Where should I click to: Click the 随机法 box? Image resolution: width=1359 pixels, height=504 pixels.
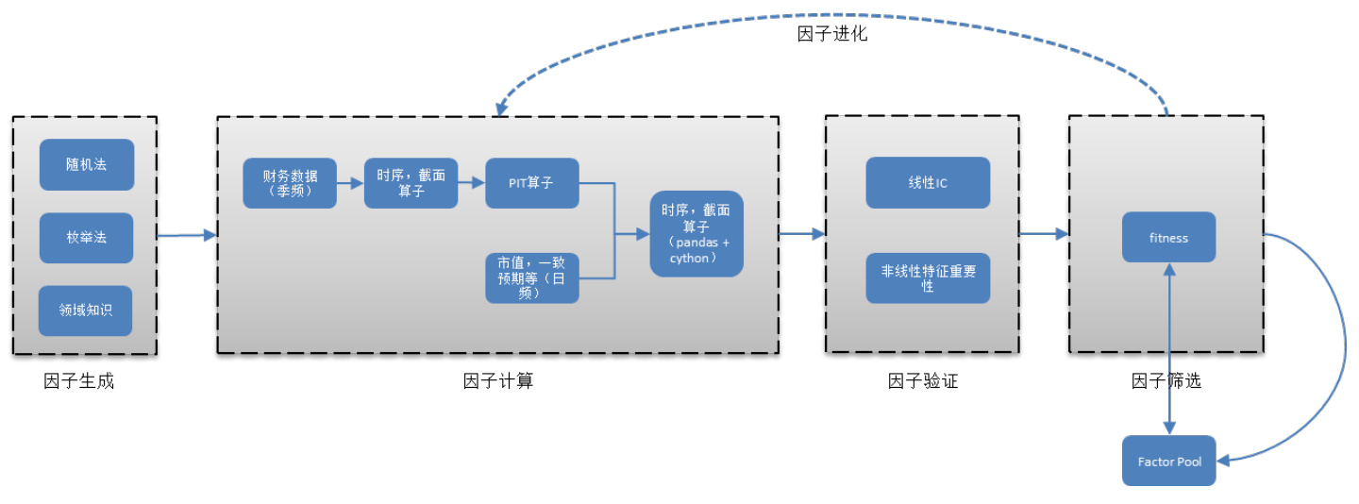[x=86, y=164]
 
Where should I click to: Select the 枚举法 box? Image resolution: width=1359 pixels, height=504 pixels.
[x=86, y=237]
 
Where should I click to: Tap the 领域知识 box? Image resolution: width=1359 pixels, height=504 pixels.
[x=85, y=310]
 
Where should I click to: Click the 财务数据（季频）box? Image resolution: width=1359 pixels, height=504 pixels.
[x=289, y=182]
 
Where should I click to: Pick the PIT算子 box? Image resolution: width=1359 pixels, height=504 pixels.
[x=531, y=182]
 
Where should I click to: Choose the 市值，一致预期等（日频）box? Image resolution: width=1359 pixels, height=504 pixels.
[x=531, y=278]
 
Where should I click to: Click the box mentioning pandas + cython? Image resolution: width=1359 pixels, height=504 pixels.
[x=696, y=234]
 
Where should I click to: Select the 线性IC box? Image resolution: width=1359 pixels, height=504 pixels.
[x=928, y=182]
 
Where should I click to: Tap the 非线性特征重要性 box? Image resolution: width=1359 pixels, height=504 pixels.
[x=928, y=278]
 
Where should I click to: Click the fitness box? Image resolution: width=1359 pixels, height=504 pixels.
[x=1168, y=238]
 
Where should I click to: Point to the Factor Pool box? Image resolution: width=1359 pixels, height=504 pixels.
[x=1168, y=461]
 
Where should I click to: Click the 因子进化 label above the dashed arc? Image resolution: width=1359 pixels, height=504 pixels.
[x=831, y=34]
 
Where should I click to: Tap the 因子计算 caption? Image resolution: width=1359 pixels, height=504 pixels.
[x=497, y=382]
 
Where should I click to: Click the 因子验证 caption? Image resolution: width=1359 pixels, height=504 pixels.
[x=922, y=382]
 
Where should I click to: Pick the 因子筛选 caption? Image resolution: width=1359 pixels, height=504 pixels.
[x=1166, y=382]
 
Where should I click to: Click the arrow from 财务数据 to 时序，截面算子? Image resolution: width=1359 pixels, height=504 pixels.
[x=350, y=183]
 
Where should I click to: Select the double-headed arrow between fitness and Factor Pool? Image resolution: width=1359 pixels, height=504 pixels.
[x=1169, y=349]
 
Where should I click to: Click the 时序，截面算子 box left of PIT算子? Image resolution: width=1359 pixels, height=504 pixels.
[x=411, y=182]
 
